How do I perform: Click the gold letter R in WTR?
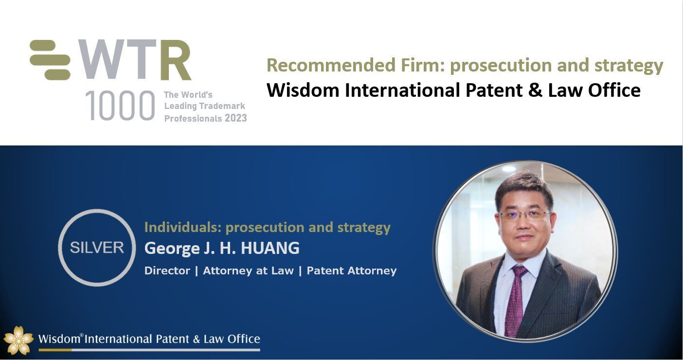176,60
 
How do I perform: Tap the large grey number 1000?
120,106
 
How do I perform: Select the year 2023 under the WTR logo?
236,118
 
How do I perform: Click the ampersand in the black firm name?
536,90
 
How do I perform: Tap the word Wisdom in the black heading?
303,90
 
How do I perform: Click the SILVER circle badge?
97,248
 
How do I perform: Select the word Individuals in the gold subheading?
183,227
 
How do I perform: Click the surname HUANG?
270,248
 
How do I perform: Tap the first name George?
172,249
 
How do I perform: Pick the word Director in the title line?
167,270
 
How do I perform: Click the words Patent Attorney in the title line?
352,271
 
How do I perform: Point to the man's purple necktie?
516,300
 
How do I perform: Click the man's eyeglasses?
525,216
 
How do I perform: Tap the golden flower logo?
18,340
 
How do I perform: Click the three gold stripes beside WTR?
50,60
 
